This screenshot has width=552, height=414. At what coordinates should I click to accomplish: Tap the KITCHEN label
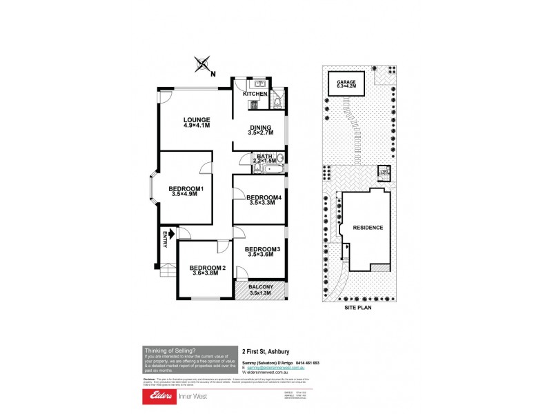pyautogui.click(x=255, y=94)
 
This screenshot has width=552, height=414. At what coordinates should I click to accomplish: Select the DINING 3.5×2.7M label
pyautogui.click(x=259, y=129)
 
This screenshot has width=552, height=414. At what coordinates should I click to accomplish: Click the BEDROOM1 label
pyautogui.click(x=186, y=191)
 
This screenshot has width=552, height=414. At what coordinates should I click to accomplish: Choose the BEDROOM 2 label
pyautogui.click(x=208, y=270)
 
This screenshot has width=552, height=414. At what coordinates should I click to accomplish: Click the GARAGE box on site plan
pyautogui.click(x=346, y=84)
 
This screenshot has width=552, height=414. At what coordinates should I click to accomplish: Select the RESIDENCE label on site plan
pyautogui.click(x=367, y=227)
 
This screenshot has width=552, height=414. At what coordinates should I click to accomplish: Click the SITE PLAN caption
pyautogui.click(x=358, y=308)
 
